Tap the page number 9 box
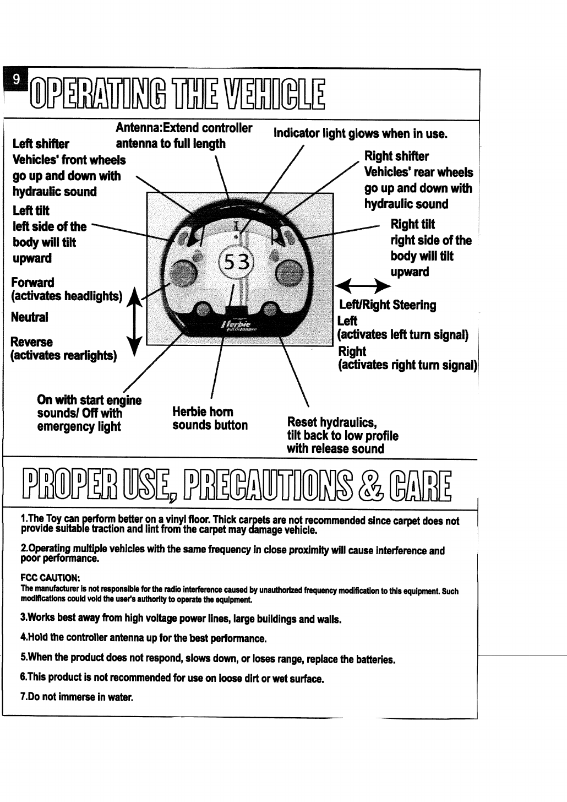17,79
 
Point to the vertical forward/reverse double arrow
134,318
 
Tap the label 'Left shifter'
40,144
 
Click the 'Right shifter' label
396,156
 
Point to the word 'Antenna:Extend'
157,128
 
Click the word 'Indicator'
296,133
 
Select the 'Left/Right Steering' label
388,305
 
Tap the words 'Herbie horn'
203,412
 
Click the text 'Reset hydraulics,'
331,422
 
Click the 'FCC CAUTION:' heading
51,578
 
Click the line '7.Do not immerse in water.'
77,697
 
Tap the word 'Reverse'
32,342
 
